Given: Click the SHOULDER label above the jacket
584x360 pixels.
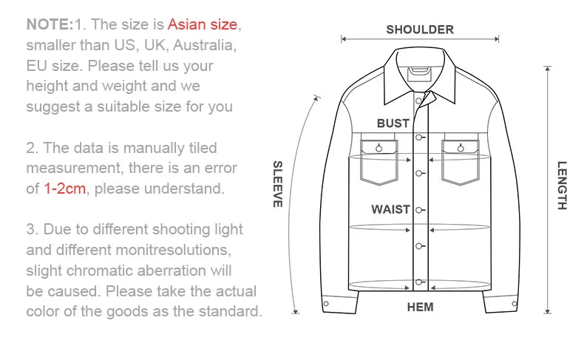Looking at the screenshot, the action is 420,30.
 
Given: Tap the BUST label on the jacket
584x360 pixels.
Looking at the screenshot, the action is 393,123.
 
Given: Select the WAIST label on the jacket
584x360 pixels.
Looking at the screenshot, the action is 390,210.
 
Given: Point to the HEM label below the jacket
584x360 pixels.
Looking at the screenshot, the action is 420,307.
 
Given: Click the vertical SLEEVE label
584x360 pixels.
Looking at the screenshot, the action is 278,184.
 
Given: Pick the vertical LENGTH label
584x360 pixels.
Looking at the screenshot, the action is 562,186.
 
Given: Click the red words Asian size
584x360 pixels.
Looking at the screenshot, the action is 203,24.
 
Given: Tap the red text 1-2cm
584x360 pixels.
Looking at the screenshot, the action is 65,189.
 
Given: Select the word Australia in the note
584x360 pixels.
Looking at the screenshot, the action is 205,45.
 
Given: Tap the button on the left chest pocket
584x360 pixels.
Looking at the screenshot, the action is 378,149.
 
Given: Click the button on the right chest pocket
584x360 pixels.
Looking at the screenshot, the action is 461,149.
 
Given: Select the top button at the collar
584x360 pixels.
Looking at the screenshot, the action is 418,101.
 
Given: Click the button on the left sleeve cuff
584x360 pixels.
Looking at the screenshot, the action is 326,304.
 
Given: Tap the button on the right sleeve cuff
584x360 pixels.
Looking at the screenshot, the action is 515,304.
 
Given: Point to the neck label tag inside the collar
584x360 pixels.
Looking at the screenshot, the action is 419,74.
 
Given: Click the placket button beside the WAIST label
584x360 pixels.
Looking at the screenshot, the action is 418,211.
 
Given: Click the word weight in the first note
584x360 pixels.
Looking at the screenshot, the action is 124,86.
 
